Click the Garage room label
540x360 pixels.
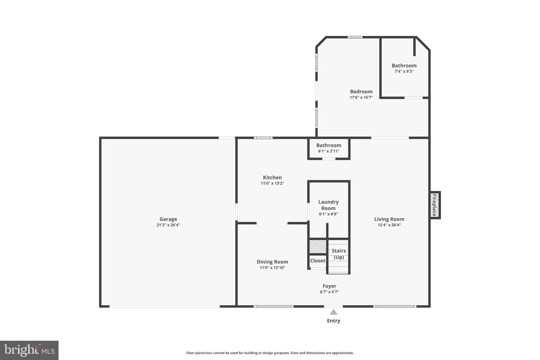168,219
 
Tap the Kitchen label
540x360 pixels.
272,177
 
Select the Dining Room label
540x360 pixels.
272,262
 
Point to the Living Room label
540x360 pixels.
389,219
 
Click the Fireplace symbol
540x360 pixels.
435,205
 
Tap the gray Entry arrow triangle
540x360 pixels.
334,312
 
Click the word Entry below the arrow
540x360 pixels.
334,321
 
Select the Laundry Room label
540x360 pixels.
328,205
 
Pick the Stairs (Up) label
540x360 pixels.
339,254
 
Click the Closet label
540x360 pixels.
318,261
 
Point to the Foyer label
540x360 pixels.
329,286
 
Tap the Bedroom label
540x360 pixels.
361,91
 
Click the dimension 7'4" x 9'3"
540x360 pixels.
404,71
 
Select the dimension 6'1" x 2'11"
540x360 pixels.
329,151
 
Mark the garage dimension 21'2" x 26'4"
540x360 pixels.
168,225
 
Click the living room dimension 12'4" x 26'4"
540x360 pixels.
389,225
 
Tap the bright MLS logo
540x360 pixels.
29,350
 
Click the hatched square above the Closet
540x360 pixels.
318,246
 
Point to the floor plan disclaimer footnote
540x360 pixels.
270,353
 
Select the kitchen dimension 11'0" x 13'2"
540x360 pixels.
272,183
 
